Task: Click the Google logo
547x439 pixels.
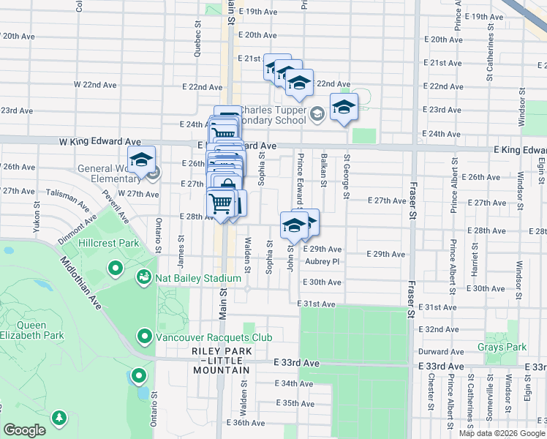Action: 25,430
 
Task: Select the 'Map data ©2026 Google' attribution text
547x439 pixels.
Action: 501,433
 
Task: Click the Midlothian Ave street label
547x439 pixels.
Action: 80,281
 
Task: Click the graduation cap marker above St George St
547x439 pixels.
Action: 344,108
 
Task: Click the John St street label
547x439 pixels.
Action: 291,257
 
